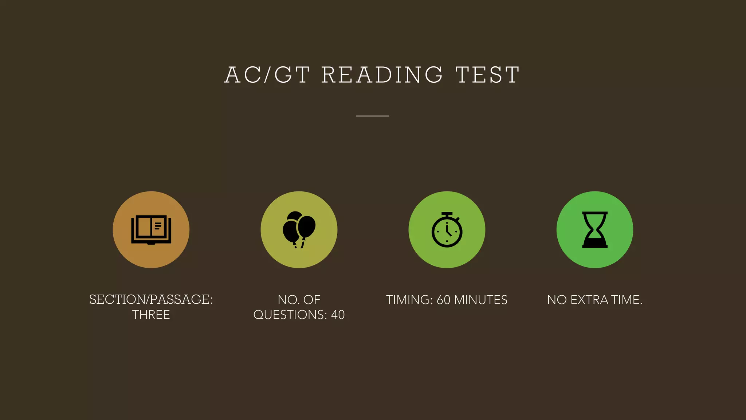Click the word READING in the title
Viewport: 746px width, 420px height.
click(x=382, y=75)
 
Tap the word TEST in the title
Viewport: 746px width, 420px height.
click(x=487, y=75)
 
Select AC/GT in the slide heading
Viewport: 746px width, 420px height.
click(x=267, y=75)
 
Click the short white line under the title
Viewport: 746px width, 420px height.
click(x=373, y=116)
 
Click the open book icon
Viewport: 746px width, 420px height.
click(x=151, y=230)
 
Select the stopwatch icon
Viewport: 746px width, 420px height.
click(x=447, y=231)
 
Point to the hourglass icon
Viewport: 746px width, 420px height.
click(x=595, y=230)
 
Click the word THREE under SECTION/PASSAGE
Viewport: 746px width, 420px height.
click(x=151, y=315)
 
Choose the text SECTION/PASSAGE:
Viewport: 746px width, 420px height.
click(x=151, y=300)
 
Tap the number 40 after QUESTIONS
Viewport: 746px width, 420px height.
click(x=338, y=315)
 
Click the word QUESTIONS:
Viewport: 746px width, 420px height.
click(x=290, y=315)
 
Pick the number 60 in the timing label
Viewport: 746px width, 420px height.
click(x=443, y=300)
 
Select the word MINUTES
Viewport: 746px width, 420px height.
click(x=481, y=300)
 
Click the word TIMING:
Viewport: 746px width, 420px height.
click(x=409, y=300)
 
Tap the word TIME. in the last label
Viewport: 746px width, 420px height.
click(x=627, y=300)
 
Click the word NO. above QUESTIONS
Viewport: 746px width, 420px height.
click(x=288, y=300)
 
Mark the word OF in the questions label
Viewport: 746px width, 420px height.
click(x=312, y=300)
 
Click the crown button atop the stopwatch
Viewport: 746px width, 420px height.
click(x=447, y=214)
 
